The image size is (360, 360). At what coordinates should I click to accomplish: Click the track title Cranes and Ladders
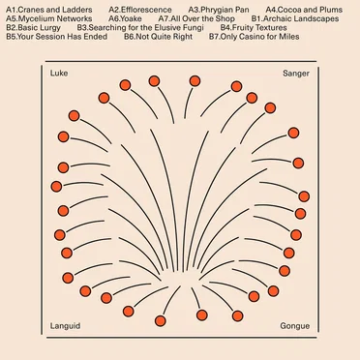55,10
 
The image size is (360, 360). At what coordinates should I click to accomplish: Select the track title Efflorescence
146,10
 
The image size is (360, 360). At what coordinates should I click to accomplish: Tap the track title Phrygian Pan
225,10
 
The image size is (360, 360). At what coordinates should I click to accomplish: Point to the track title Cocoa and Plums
310,10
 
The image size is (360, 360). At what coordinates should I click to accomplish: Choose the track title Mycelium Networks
55,18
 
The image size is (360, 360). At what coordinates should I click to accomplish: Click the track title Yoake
131,18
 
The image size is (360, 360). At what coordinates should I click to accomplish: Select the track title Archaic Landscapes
301,18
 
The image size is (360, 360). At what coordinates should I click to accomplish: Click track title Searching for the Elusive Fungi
146,28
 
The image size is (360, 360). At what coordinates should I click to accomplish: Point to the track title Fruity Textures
259,28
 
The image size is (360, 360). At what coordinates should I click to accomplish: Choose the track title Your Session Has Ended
62,37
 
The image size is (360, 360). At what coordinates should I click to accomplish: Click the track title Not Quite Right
165,37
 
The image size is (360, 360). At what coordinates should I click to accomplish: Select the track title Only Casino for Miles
259,37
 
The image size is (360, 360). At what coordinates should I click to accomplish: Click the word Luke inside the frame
59,74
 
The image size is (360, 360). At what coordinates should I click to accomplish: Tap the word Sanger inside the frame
296,74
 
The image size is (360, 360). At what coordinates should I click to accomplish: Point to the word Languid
65,326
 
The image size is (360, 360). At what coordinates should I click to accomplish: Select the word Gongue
295,326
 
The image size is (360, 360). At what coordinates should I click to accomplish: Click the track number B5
11,37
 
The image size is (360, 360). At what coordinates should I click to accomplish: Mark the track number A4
271,10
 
